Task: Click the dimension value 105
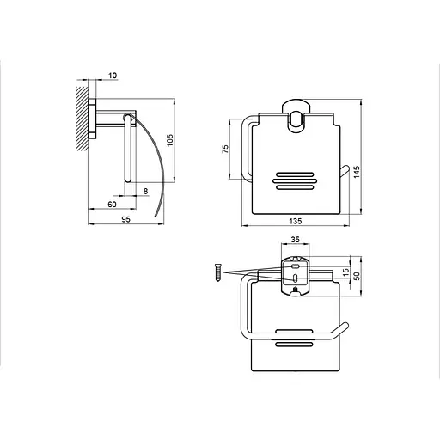[170, 140]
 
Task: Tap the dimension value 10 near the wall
[113, 76]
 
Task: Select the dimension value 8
[146, 191]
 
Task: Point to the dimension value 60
[112, 205]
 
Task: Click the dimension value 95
[125, 219]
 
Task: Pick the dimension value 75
[225, 149]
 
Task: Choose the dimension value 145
[357, 172]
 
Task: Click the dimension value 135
[295, 221]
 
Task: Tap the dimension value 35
[295, 240]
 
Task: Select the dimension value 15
[346, 272]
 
